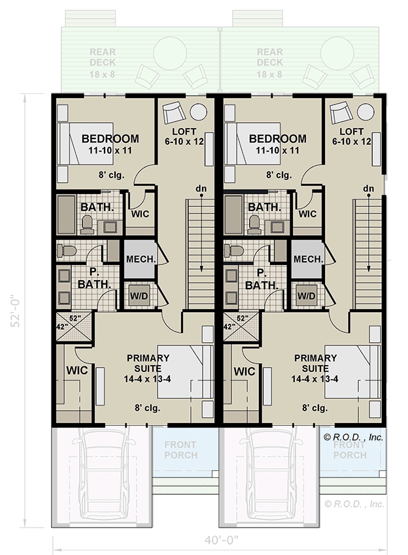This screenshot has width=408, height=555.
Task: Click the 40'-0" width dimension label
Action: point(221,541)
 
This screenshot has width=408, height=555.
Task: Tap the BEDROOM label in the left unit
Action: point(110,138)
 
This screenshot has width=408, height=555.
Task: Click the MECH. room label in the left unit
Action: point(140,259)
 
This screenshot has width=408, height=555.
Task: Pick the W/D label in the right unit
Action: point(307,295)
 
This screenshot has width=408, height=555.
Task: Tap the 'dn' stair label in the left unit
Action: point(201,189)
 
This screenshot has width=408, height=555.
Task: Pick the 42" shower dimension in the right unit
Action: point(229,326)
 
